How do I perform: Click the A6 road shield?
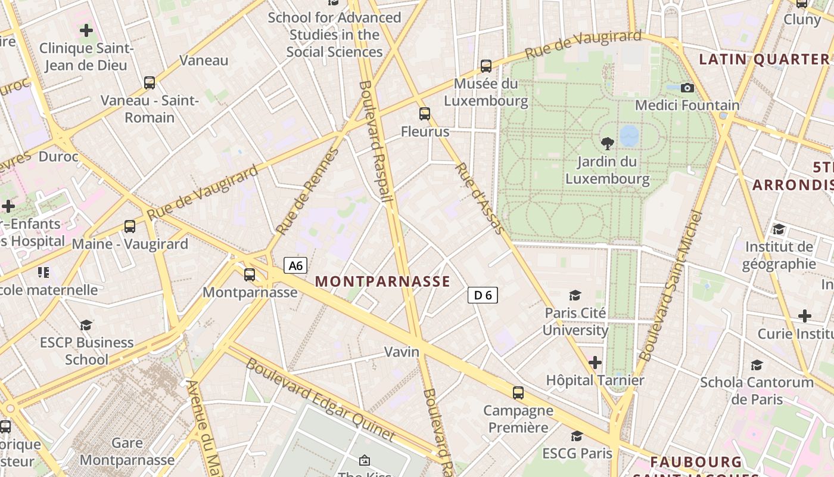[295, 265]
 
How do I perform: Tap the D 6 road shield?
[483, 295]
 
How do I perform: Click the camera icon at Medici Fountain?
[687, 88]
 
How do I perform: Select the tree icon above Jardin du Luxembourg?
[608, 143]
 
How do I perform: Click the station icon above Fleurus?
[425, 113]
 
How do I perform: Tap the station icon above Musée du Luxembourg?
[486, 66]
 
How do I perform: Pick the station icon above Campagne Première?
[518, 392]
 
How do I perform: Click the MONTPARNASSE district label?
[382, 281]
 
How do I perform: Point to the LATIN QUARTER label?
[764, 59]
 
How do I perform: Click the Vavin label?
[402, 352]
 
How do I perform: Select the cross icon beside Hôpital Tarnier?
[595, 362]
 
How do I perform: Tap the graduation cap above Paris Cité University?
[575, 295]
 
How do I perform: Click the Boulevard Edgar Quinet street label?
[320, 399]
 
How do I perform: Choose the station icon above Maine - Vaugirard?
[130, 226]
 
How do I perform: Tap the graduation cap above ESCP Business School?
[86, 325]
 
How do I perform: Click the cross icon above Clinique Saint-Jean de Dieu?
[86, 30]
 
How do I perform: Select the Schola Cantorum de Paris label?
[757, 391]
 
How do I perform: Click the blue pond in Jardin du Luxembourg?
[629, 135]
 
